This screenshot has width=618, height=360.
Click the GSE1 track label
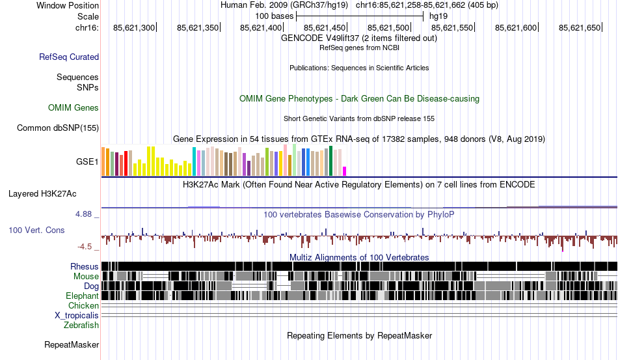coord(87,162)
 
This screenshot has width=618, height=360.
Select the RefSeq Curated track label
coord(69,57)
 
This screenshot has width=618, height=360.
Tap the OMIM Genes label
coord(74,108)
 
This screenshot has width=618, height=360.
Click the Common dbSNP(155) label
coord(58,128)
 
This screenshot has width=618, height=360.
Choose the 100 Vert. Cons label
coord(36,230)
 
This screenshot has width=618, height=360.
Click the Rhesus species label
coord(85,267)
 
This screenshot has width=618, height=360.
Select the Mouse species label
coord(87,277)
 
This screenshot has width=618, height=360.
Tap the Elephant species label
coord(82,296)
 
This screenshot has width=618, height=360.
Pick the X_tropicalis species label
coord(77,316)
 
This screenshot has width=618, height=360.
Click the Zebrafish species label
coord(81,325)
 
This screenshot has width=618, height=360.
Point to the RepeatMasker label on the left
coord(72,345)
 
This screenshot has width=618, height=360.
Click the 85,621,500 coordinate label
coord(389,27)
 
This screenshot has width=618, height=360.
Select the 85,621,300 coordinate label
coord(134,27)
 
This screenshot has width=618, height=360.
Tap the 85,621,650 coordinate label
coord(580,27)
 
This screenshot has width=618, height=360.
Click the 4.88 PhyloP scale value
coord(86,214)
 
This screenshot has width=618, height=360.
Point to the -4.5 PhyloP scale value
coord(86,247)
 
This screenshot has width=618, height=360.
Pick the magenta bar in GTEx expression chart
coord(345,171)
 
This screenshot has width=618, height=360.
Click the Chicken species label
coord(84,306)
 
